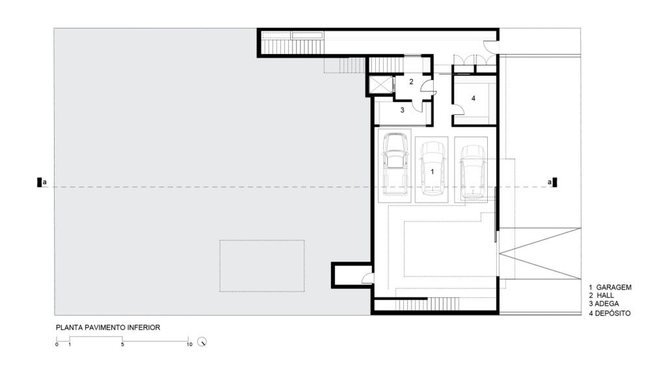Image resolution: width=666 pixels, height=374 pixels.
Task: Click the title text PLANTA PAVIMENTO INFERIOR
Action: point(108,327)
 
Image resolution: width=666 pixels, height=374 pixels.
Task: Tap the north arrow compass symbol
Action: point(202,342)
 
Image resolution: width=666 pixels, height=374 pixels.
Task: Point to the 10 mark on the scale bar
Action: point(189,344)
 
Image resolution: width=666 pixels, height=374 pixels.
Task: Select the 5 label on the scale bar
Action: point(122,344)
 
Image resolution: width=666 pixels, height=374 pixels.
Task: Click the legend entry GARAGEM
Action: point(614,287)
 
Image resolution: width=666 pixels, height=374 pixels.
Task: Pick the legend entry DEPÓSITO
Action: point(613,314)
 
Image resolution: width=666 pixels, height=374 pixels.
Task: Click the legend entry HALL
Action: point(606,295)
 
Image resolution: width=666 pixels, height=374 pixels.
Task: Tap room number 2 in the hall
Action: point(411,82)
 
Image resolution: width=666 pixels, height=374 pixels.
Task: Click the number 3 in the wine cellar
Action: point(402,110)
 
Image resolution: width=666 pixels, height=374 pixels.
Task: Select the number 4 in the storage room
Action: point(473,99)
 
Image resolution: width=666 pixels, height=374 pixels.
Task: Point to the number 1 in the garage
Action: point(433,171)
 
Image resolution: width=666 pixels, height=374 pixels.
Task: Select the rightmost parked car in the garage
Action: point(472,171)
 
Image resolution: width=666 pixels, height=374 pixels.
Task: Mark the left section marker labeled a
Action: point(42,182)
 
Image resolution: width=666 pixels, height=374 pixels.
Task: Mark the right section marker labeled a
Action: point(552,182)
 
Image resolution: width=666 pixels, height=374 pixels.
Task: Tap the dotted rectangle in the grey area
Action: point(262,266)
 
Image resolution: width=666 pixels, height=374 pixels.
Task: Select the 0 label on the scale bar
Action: point(57,344)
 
